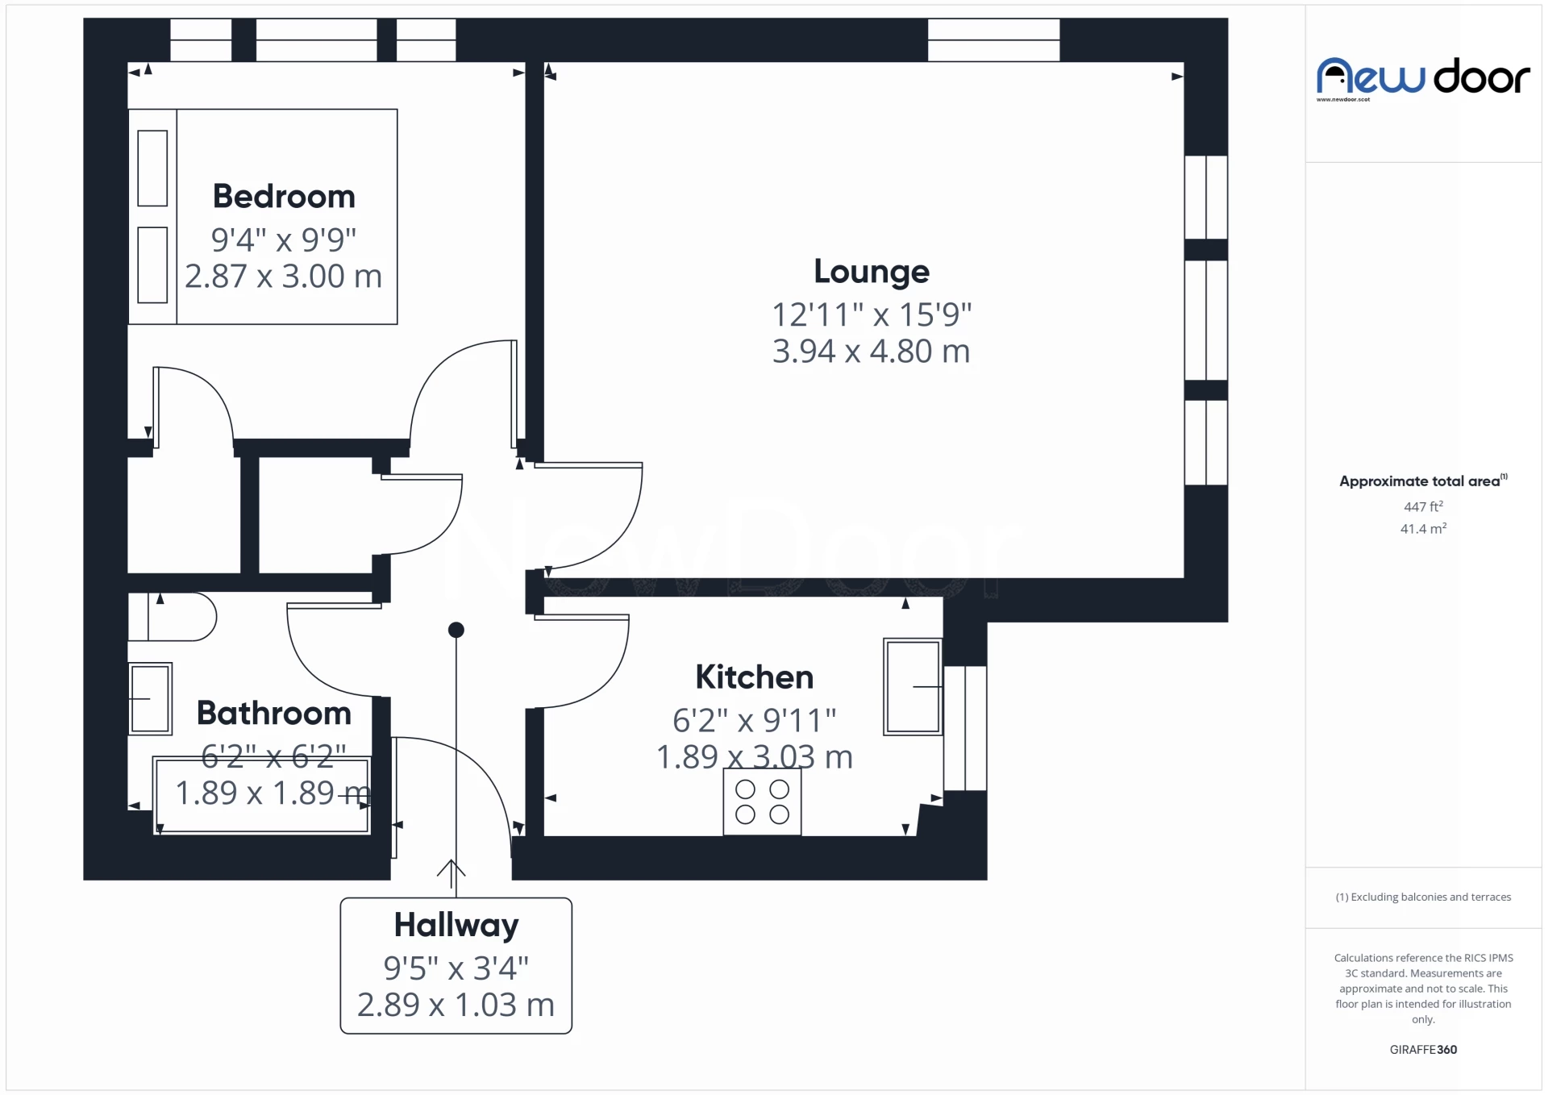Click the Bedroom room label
click(x=284, y=196)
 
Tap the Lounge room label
click(x=872, y=272)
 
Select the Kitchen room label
click(x=755, y=677)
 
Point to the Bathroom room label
click(x=274, y=714)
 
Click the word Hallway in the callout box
click(x=456, y=926)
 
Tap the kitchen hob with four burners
click(x=762, y=801)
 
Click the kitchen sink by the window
click(x=913, y=687)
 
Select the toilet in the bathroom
click(x=173, y=617)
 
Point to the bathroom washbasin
click(x=150, y=698)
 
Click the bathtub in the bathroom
click(x=262, y=795)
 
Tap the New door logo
click(x=1423, y=78)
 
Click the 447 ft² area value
click(x=1423, y=506)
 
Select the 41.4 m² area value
click(x=1423, y=529)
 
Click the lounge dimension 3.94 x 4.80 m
click(x=872, y=352)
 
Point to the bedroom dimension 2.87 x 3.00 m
click(x=283, y=277)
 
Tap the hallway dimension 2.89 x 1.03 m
click(x=456, y=1005)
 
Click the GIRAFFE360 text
click(x=1423, y=1050)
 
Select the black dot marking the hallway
click(x=456, y=630)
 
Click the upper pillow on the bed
click(x=152, y=168)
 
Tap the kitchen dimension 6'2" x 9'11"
click(x=755, y=720)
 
